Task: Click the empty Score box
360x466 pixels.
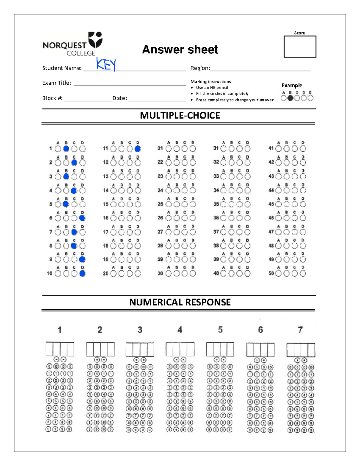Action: pyautogui.click(x=300, y=47)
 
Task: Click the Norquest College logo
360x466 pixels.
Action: pyautogui.click(x=73, y=44)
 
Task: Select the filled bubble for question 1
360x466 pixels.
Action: pyautogui.click(x=66, y=149)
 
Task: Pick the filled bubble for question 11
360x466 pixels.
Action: pyautogui.click(x=138, y=149)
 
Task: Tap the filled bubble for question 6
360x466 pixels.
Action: pyautogui.click(x=82, y=218)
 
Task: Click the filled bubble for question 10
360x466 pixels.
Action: pyautogui.click(x=82, y=273)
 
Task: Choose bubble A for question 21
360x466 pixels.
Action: pyautogui.click(x=169, y=149)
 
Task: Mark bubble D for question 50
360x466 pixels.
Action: pyautogui.click(x=303, y=273)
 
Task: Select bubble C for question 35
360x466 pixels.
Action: pyautogui.click(x=239, y=204)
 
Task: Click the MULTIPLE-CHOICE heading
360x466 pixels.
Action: pyautogui.click(x=180, y=116)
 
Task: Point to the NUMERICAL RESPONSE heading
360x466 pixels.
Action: pyautogui.click(x=180, y=302)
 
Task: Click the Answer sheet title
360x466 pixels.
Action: pyautogui.click(x=180, y=50)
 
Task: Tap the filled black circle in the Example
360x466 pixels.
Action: pyautogui.click(x=290, y=98)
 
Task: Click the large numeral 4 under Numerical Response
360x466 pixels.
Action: pyautogui.click(x=180, y=330)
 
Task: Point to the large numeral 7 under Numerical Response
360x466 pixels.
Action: pyautogui.click(x=300, y=330)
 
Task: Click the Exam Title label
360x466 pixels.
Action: pyautogui.click(x=57, y=83)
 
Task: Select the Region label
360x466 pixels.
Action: pyautogui.click(x=200, y=68)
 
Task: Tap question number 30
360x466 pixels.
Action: pyautogui.click(x=160, y=273)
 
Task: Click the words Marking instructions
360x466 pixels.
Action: pyautogui.click(x=211, y=82)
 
